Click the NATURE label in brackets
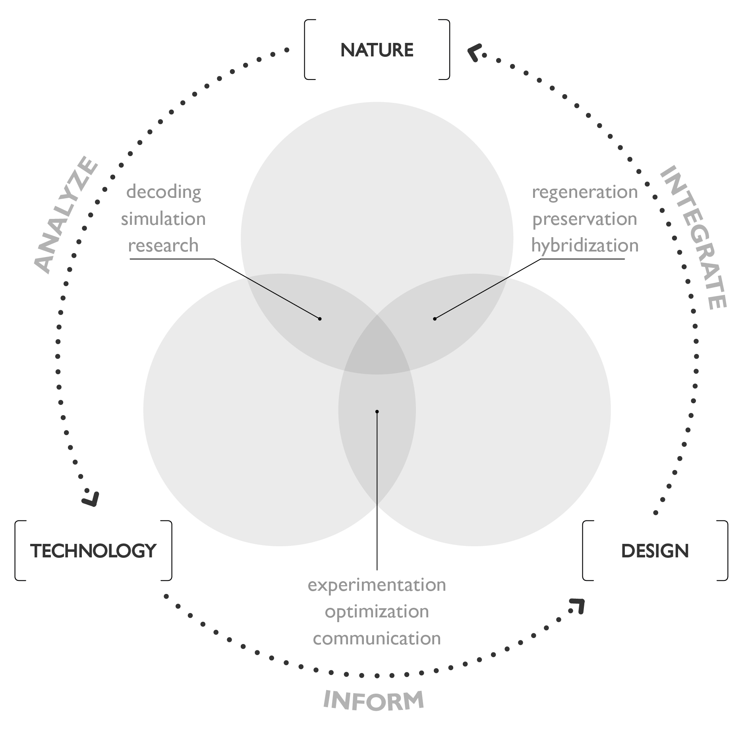(377, 50)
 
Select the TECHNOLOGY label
(93, 551)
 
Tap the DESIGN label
(655, 551)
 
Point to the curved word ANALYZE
(66, 215)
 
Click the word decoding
(164, 192)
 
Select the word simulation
(163, 219)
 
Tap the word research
(163, 246)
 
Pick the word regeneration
(585, 192)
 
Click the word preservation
(585, 219)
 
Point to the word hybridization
(585, 246)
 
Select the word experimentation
(377, 585)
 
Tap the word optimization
(377, 611)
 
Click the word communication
(377, 638)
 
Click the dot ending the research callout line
(320, 319)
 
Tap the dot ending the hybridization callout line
(435, 319)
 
